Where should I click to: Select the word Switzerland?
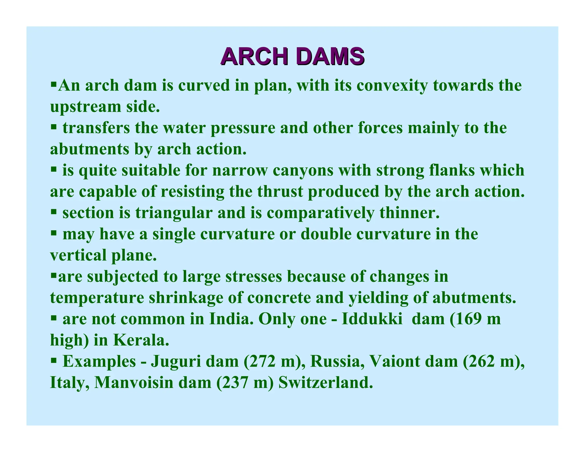pyautogui.click(x=326, y=383)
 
